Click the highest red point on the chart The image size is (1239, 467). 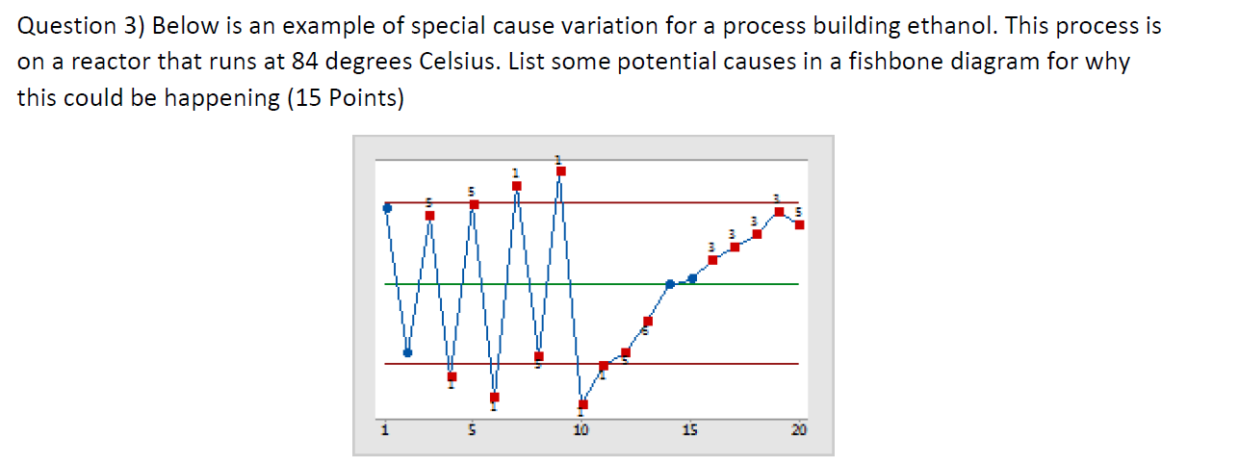click(561, 170)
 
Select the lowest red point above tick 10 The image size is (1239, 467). click(582, 403)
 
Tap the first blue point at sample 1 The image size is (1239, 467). click(387, 207)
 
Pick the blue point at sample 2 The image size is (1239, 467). click(408, 352)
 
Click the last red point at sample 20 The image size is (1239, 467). click(800, 225)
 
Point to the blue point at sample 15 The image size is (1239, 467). click(692, 278)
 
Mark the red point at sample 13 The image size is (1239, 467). click(648, 321)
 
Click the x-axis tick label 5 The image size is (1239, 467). click(472, 429)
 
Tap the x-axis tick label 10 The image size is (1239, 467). click(581, 429)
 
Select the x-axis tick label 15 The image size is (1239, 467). click(689, 429)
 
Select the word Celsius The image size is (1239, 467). click(458, 63)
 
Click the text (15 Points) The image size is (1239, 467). click(344, 99)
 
